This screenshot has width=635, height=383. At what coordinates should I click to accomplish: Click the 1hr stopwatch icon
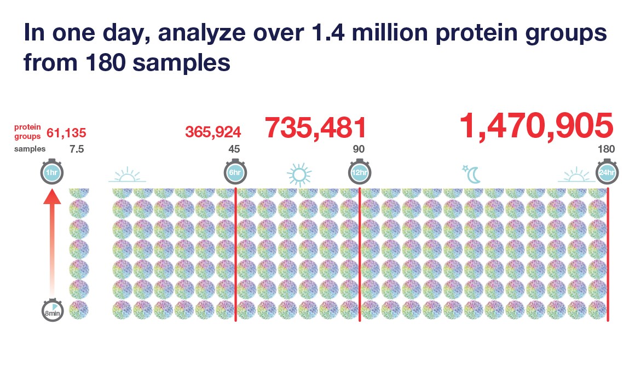click(52, 173)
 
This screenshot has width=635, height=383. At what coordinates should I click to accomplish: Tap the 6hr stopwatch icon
click(235, 173)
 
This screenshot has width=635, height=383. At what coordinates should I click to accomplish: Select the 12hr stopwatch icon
click(359, 173)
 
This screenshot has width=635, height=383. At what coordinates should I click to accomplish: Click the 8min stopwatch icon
click(52, 312)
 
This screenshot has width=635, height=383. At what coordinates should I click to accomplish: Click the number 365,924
click(213, 132)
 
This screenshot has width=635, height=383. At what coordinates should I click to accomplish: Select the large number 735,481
click(315, 127)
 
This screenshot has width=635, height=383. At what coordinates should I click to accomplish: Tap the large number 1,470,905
click(536, 126)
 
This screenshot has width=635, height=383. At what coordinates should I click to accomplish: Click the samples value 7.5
click(77, 149)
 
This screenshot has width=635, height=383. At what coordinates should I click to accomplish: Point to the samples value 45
click(234, 149)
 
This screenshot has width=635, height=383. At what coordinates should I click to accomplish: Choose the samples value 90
click(359, 149)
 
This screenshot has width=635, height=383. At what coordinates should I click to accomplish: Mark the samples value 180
click(607, 149)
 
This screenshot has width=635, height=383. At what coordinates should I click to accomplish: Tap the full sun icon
click(299, 174)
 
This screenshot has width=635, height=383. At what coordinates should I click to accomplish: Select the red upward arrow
click(52, 241)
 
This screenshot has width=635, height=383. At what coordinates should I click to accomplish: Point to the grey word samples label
click(30, 149)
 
